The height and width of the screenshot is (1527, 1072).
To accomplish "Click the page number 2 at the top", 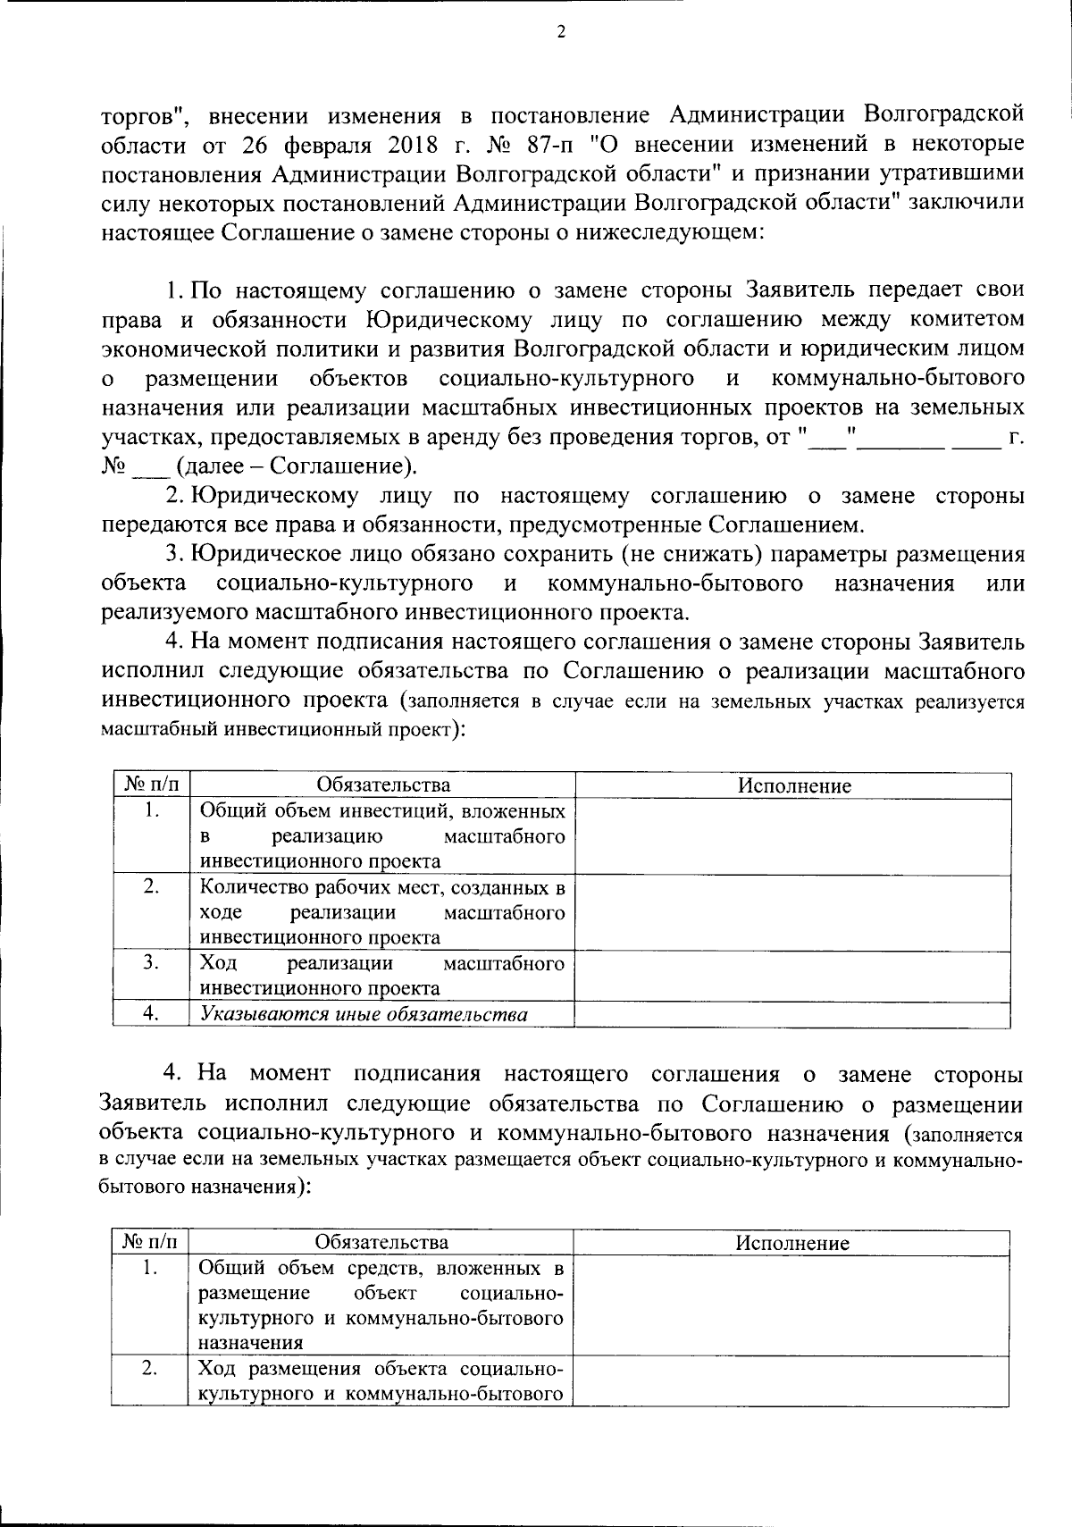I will coord(560,33).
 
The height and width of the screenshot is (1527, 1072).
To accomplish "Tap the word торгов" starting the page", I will coord(142,116).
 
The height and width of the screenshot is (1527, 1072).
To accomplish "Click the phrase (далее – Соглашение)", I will coord(297,466).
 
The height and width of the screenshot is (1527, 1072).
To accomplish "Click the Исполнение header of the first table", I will coord(793,786).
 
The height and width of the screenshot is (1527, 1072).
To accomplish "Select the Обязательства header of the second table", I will coord(381,1242).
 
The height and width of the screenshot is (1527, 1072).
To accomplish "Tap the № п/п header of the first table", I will coord(152,786).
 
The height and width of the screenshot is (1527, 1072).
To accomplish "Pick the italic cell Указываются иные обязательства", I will coord(364,1014).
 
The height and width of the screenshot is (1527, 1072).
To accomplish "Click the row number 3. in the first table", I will coord(152,962).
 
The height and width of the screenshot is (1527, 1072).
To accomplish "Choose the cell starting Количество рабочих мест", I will coord(382,912).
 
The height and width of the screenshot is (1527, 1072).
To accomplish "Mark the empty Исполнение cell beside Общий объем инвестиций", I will coord(793,836).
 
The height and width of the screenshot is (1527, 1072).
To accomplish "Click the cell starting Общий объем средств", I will coord(381,1305).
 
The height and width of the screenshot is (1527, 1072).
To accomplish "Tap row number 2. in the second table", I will coord(150,1368).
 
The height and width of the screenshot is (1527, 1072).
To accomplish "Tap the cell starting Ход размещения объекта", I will coord(381,1380).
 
